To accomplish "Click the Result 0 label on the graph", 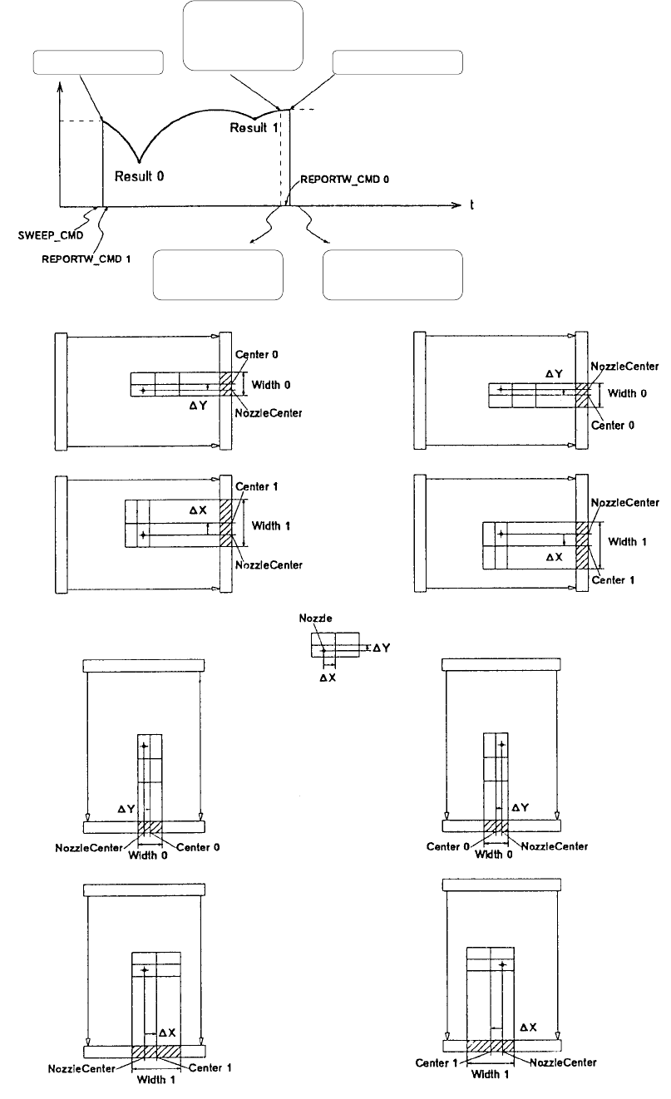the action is click(x=139, y=176).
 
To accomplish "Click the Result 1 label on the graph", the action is click(x=254, y=128).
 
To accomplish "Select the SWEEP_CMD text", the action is click(x=51, y=235).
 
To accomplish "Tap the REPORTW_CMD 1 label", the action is click(x=86, y=259).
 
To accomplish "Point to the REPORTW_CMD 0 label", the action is click(x=344, y=180).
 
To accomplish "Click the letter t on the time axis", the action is click(x=471, y=205).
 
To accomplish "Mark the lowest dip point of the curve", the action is click(x=140, y=161).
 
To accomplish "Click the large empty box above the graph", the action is click(x=243, y=36).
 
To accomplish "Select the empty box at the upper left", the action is click(x=98, y=62).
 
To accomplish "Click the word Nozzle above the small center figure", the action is click(x=315, y=618).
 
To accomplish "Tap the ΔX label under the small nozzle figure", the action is click(x=328, y=678).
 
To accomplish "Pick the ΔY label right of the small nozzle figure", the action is click(x=382, y=648).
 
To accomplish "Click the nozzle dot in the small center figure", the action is click(x=323, y=651).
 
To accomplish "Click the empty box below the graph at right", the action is click(x=392, y=274).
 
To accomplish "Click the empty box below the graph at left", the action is click(x=218, y=274).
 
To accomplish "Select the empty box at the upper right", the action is click(x=397, y=62).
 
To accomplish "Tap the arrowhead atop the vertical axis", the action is click(x=61, y=86).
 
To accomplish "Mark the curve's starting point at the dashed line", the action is click(x=102, y=121).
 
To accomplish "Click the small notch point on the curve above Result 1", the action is click(x=254, y=119).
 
